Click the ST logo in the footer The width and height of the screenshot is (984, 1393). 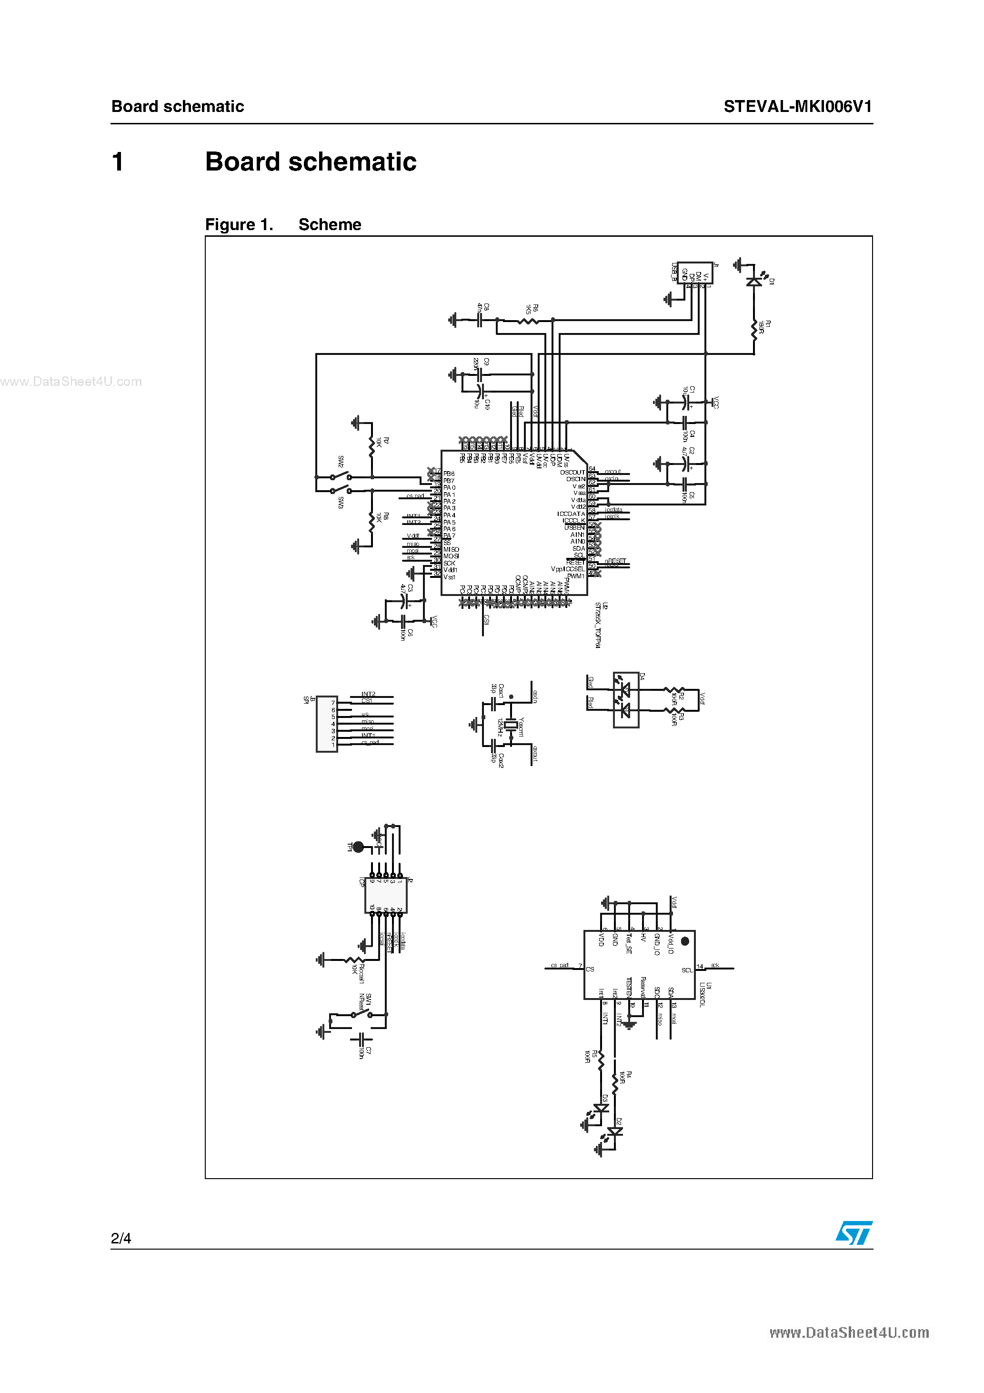[x=853, y=1233]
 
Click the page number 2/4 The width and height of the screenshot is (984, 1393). [x=120, y=1238]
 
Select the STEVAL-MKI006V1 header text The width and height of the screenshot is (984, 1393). [x=797, y=107]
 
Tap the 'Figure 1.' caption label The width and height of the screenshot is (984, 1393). [x=239, y=225]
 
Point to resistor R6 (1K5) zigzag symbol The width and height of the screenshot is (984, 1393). [x=528, y=320]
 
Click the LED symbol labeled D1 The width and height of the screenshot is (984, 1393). [x=754, y=282]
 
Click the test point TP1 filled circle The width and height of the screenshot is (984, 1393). [x=359, y=847]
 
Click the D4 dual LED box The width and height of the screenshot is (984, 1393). [x=625, y=699]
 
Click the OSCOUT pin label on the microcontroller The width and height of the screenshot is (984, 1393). [x=572, y=472]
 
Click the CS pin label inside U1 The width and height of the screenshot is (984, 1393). [x=590, y=969]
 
